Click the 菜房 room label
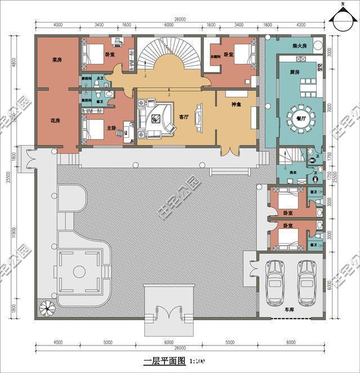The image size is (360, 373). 56,59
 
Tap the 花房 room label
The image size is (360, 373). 55,120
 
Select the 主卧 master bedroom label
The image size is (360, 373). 111,128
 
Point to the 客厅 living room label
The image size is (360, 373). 184,117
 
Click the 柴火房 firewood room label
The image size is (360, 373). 299,46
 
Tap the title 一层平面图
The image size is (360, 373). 164,361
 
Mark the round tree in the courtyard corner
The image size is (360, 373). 46,309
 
